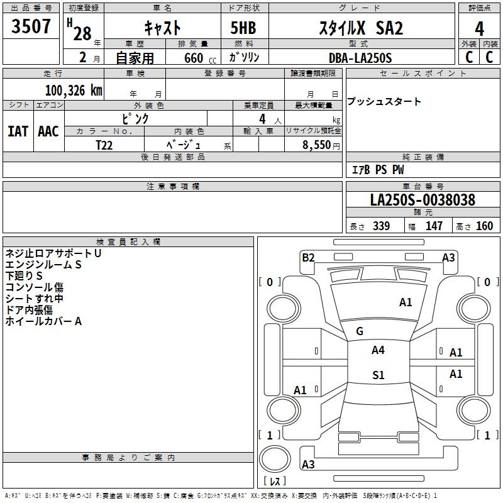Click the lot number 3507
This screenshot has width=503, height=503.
coord(31,28)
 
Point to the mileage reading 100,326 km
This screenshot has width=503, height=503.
coord(74,91)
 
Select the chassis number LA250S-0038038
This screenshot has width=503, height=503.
coord(423,201)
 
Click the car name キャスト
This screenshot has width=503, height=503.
coord(162,28)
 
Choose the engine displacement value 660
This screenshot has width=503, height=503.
coord(191,58)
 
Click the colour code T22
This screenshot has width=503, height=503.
coord(105,144)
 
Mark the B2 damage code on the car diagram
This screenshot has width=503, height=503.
coord(308,257)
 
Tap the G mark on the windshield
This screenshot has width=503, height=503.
coord(359,331)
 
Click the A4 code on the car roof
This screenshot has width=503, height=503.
coord(378,350)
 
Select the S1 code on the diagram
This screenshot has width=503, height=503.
coord(378,375)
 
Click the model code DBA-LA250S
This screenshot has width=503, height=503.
coord(360,58)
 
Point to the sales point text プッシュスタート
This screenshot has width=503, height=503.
coord(384,102)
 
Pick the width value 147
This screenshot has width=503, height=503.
coord(434,226)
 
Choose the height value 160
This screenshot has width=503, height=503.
coord(484,226)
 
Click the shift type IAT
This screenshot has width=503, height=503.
coord(18,131)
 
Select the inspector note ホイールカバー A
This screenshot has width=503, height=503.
coord(43,321)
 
